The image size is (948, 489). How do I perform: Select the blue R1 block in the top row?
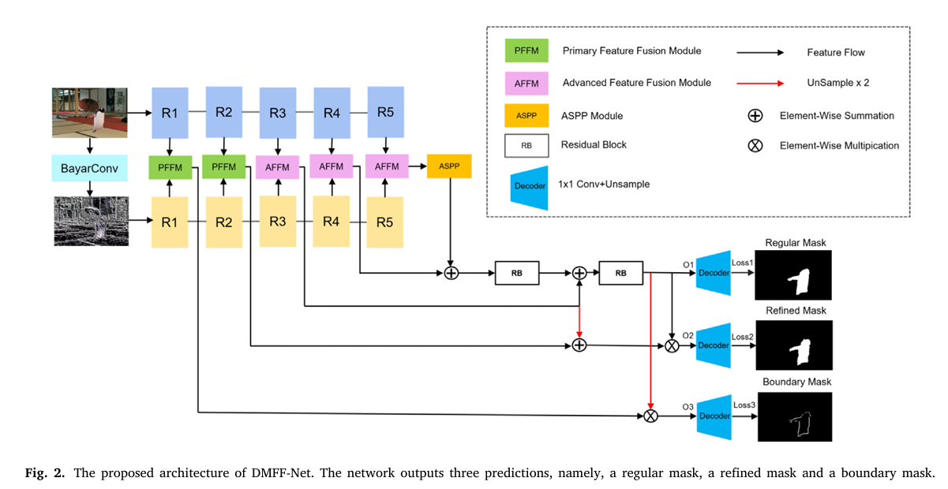pyautogui.click(x=170, y=113)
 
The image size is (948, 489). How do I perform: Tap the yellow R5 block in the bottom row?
pyautogui.click(x=385, y=222)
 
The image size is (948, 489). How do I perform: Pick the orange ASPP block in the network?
pyautogui.click(x=448, y=167)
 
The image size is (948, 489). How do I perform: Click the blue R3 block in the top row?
pyautogui.click(x=278, y=113)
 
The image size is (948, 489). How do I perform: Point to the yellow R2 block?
pyautogui.click(x=224, y=222)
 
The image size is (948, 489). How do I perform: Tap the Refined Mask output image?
pyautogui.click(x=795, y=345)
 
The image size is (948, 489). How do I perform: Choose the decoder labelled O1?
pyautogui.click(x=714, y=274)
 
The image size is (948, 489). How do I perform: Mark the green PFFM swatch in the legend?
pyautogui.click(x=526, y=52)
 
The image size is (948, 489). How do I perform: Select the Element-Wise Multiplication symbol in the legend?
pyautogui.click(x=755, y=146)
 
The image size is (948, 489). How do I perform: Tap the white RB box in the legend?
pyautogui.click(x=526, y=146)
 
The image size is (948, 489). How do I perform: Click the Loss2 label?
pyautogui.click(x=743, y=337)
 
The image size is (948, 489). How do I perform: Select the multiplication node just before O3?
pyautogui.click(x=650, y=416)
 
